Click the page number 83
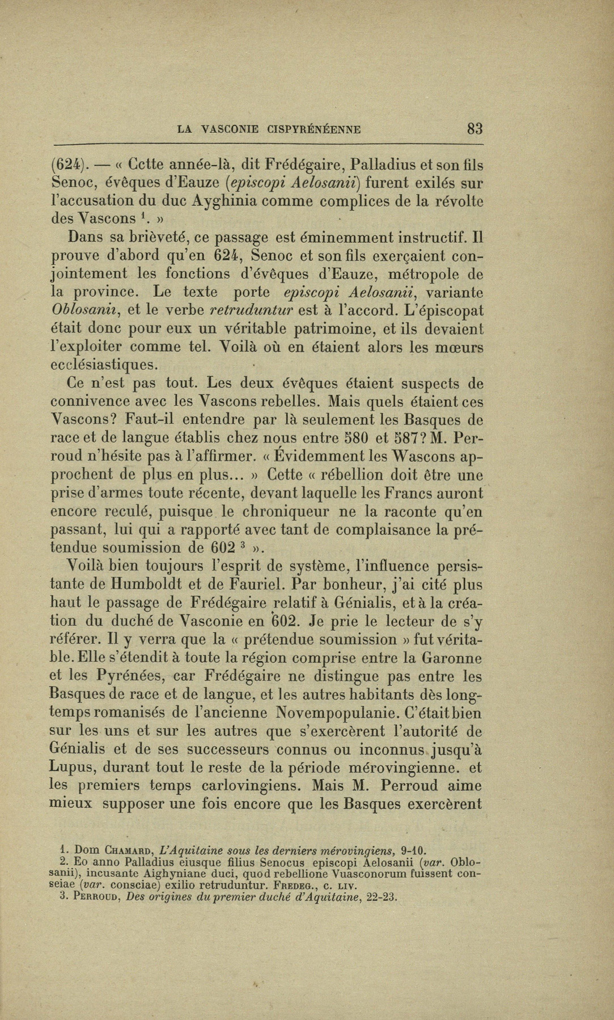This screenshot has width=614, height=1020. tap(475, 129)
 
